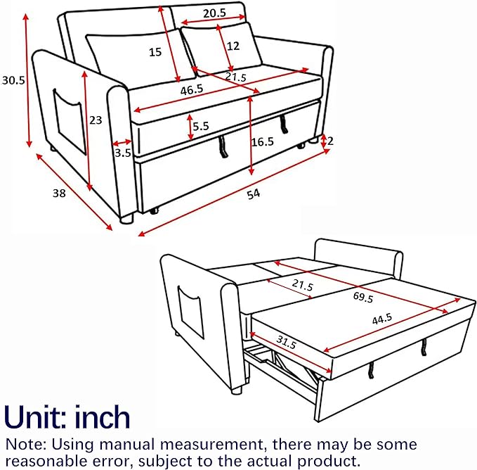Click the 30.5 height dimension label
(13, 80)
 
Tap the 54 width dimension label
(254, 194)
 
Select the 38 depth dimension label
(59, 193)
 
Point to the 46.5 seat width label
(192, 90)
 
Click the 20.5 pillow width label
(215, 13)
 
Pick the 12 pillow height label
(233, 46)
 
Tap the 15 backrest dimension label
(155, 52)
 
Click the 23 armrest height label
(96, 120)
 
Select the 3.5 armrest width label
(123, 153)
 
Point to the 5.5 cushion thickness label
(201, 126)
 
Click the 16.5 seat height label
(262, 141)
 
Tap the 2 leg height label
(330, 141)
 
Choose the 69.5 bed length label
(363, 297)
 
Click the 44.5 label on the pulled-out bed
(382, 319)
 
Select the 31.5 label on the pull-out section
(286, 342)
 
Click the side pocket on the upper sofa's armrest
(70, 122)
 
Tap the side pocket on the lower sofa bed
(190, 312)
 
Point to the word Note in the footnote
(25, 444)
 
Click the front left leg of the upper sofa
(127, 218)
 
